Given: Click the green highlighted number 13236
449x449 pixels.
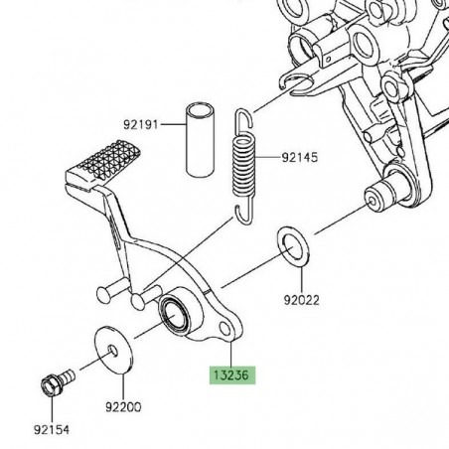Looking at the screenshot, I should click(230, 377).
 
